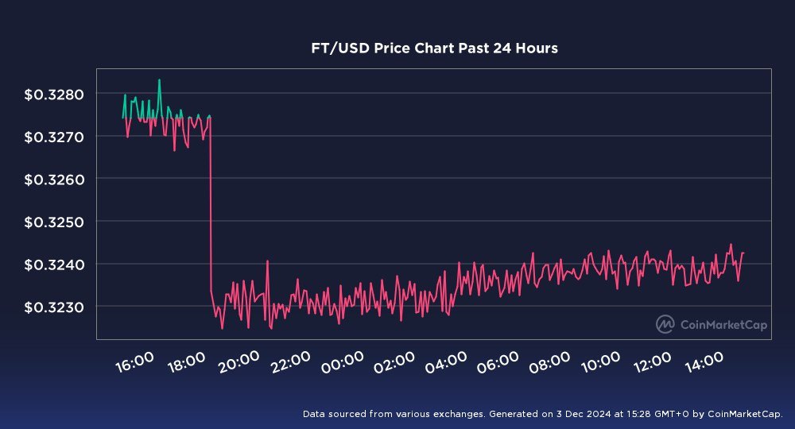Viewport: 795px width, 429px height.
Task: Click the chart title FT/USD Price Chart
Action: point(434,48)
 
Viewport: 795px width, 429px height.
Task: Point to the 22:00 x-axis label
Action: point(291,362)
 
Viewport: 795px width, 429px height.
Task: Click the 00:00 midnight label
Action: point(343,362)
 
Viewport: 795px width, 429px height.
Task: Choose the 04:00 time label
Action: point(446,362)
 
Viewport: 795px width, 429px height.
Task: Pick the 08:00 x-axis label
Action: point(549,362)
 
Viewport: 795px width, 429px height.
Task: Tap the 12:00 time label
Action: point(653,362)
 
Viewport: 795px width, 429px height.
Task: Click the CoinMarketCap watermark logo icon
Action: point(665,324)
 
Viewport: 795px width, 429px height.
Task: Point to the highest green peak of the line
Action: point(159,79)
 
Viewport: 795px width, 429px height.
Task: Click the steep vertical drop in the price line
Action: point(210,207)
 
